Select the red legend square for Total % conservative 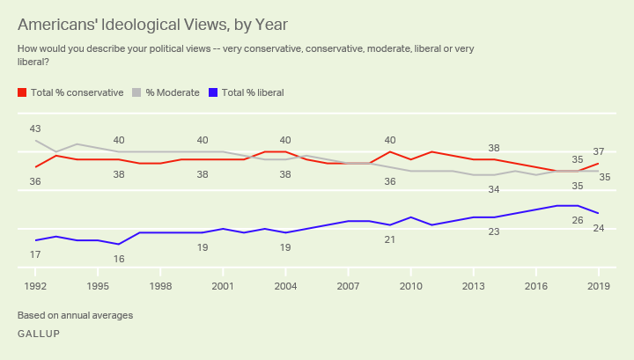tap(22, 92)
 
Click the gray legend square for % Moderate tap(137, 92)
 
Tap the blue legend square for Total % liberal tap(214, 92)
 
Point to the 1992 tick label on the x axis tap(35, 286)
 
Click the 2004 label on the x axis tap(285, 286)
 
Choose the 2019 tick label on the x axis tap(598, 286)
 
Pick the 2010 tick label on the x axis tap(410, 286)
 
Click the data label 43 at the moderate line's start tap(35, 129)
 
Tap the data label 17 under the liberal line tap(35, 254)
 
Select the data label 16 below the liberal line tap(119, 259)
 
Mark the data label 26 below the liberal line tap(578, 220)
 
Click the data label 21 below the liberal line tap(390, 239)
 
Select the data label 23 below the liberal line tap(494, 231)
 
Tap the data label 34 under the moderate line tap(494, 189)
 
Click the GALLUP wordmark tap(39, 334)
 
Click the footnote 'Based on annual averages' tap(75, 314)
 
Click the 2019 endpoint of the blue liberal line tap(598, 213)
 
